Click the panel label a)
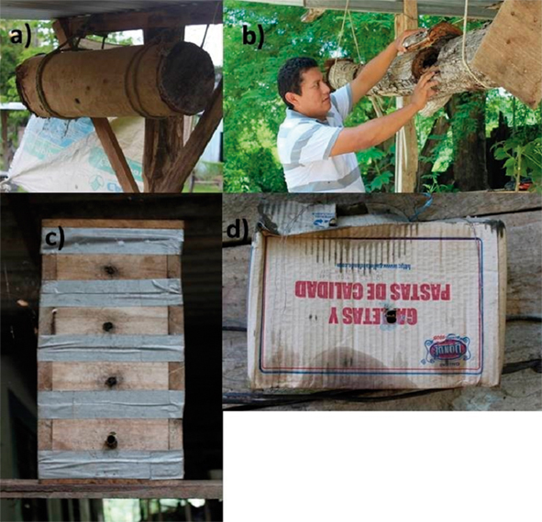20,38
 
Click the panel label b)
249,38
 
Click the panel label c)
54,241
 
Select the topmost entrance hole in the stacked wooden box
110,270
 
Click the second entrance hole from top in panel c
110,326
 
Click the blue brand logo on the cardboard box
448,350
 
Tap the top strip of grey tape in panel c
112,241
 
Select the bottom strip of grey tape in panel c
110,465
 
